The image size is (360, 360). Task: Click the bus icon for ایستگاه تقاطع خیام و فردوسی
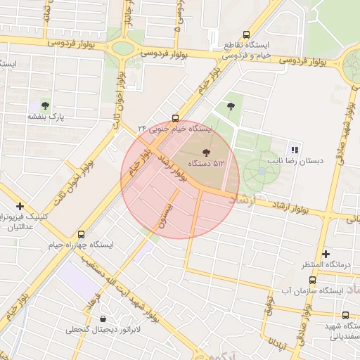246,34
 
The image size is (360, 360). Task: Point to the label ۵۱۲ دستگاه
205,163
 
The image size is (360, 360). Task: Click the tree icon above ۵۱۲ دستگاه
206,152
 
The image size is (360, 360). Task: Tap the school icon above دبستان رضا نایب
294,149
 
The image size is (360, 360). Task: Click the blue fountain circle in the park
262,171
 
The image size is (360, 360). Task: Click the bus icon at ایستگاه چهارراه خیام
81,234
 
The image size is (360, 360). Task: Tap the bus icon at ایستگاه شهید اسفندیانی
345,316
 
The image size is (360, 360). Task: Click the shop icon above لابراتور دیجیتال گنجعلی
104,319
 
